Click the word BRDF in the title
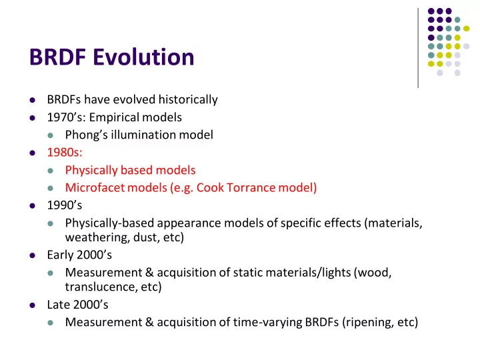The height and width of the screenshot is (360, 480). (x=57, y=57)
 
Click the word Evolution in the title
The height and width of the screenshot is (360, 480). (x=143, y=57)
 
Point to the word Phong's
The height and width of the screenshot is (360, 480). (x=86, y=135)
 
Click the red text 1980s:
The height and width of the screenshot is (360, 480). (x=65, y=153)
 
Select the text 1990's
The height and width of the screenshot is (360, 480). (x=65, y=205)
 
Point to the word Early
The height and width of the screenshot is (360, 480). (x=60, y=255)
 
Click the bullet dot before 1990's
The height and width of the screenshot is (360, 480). (x=33, y=206)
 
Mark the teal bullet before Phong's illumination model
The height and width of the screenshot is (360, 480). (x=51, y=135)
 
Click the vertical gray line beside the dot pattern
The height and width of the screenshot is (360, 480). (x=418, y=48)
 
